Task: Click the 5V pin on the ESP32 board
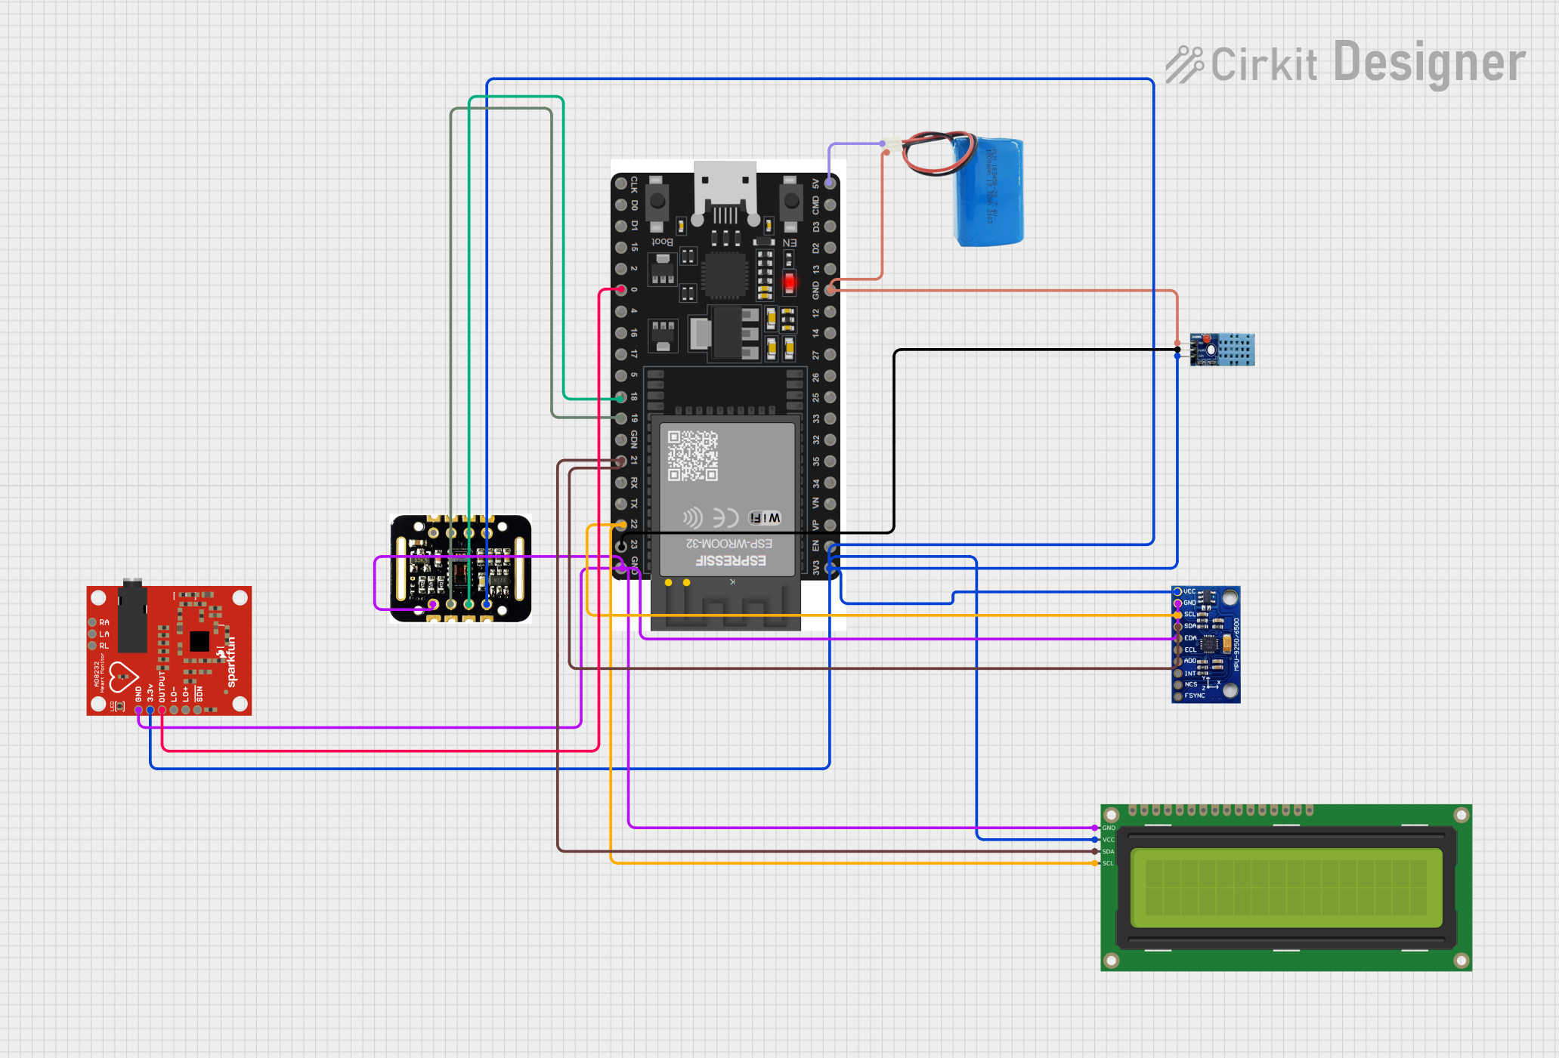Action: tap(830, 183)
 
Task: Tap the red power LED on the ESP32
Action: tap(789, 282)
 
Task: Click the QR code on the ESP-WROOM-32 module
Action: tap(692, 455)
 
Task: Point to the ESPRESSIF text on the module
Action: tap(730, 560)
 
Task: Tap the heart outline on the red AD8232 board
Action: tap(122, 677)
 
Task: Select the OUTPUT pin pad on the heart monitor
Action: tap(162, 710)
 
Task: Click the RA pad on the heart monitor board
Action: tap(93, 622)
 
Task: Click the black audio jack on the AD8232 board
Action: tap(133, 615)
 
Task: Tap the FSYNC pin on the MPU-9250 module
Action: tap(1178, 696)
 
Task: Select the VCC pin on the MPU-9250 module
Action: tap(1178, 591)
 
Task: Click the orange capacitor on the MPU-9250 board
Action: tap(1226, 643)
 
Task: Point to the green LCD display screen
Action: tap(1286, 888)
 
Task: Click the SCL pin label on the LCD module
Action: tap(1108, 863)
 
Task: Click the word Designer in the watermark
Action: tap(1428, 63)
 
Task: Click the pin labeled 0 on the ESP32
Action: tap(621, 289)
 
